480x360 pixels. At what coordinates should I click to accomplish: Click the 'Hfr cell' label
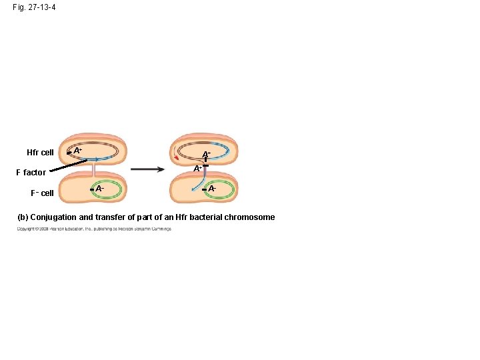tap(40, 153)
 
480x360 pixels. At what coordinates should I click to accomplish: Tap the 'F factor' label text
tap(31, 173)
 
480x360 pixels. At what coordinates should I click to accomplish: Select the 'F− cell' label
tap(41, 193)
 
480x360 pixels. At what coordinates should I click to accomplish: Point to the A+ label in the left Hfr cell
tap(78, 151)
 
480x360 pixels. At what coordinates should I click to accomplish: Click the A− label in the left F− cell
tap(99, 189)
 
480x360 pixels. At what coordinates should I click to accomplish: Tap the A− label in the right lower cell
tap(212, 189)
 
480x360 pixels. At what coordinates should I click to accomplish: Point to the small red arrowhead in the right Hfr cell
tap(176, 158)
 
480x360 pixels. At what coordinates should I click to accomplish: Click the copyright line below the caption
tap(94, 229)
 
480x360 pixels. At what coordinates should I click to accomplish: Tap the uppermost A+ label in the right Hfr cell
tap(207, 154)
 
